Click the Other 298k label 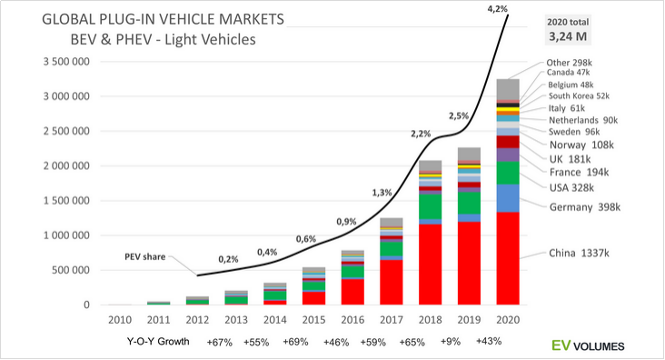[x=569, y=63]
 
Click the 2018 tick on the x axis [x=430, y=319]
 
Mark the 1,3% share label [x=382, y=193]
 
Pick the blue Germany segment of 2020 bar [x=508, y=198]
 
